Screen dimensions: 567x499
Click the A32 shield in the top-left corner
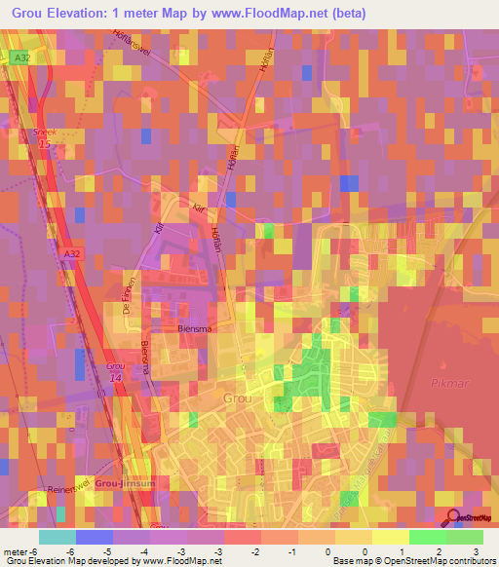(x=20, y=58)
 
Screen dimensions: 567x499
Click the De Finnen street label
(x=126, y=291)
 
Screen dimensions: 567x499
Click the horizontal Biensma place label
(x=195, y=328)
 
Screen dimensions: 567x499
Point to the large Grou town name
(x=237, y=397)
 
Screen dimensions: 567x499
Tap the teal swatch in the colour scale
(x=57, y=537)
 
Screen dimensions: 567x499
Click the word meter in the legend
(x=17, y=550)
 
